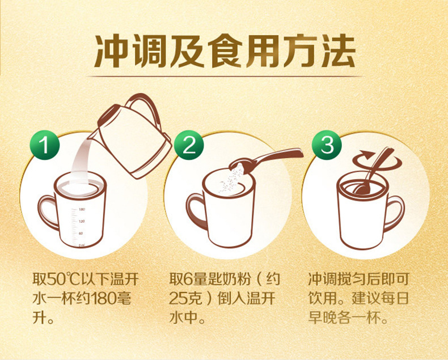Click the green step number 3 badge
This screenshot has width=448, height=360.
click(x=327, y=146)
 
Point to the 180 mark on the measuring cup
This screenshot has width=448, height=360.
click(x=81, y=209)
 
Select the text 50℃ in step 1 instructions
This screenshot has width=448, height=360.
click(x=64, y=279)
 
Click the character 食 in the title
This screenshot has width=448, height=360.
click(x=225, y=51)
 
